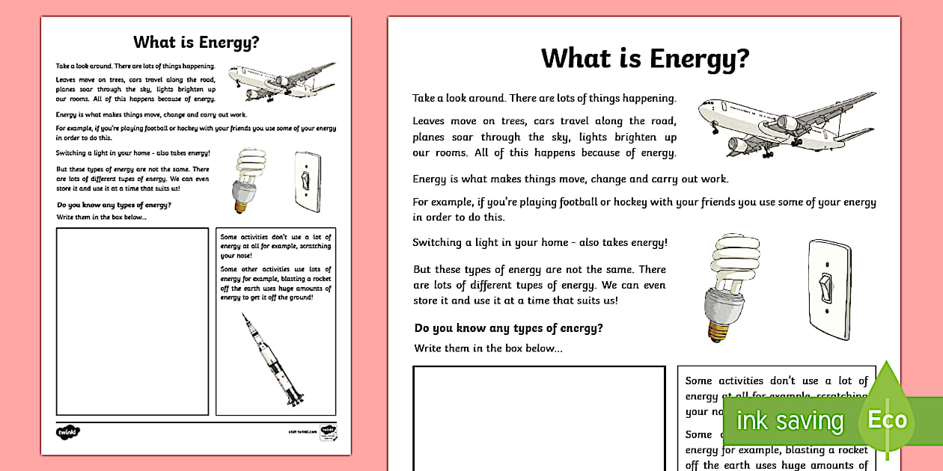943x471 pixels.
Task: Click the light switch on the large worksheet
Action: tap(829, 289)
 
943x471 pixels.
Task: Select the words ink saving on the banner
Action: tap(789, 421)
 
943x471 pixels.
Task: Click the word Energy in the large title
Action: tap(688, 58)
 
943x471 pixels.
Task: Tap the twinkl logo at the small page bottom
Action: tap(67, 431)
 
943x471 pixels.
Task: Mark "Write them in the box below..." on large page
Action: tap(488, 348)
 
